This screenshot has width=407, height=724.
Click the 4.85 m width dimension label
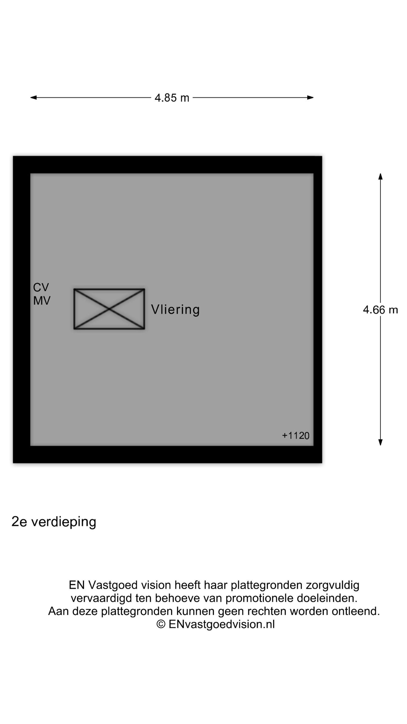[x=172, y=98]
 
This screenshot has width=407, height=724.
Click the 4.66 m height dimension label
[x=380, y=310]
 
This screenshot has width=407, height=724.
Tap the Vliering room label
[x=175, y=310]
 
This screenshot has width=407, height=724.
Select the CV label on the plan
[x=41, y=287]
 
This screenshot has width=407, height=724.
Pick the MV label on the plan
[x=42, y=301]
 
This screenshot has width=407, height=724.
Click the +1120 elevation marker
[x=296, y=436]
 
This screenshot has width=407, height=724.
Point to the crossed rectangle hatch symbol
[x=109, y=309]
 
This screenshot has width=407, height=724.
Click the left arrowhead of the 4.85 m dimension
[x=33, y=98]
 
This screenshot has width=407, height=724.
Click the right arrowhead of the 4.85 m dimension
[x=310, y=98]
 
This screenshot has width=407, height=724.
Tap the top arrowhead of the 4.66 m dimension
[x=380, y=176]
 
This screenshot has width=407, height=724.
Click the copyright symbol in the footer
[x=161, y=624]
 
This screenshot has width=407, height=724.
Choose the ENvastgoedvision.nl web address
[x=222, y=624]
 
